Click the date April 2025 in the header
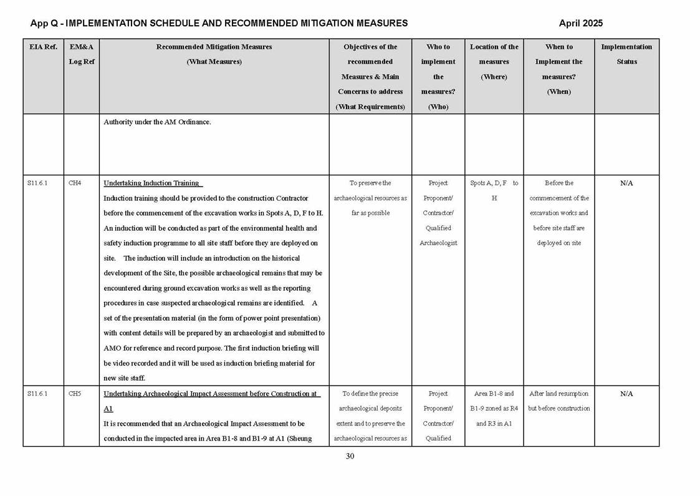tap(580, 24)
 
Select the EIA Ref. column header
tap(42, 47)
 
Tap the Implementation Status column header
tap(626, 54)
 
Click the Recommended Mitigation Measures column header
tap(214, 54)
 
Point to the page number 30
tap(350, 456)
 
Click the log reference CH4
tap(75, 183)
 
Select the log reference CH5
tap(75, 394)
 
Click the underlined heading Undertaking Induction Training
tap(151, 183)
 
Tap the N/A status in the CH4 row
tap(626, 183)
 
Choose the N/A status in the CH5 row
tap(626, 394)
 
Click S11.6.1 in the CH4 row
tap(37, 183)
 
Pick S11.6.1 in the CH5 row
tap(37, 394)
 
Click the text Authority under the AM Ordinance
tap(157, 122)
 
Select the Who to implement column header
tap(438, 76)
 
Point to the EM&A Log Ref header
tap(82, 54)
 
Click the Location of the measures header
tap(494, 62)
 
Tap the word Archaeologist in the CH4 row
tap(438, 243)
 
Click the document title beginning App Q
tap(219, 24)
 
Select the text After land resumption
tap(559, 394)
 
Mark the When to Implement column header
tap(559, 69)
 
